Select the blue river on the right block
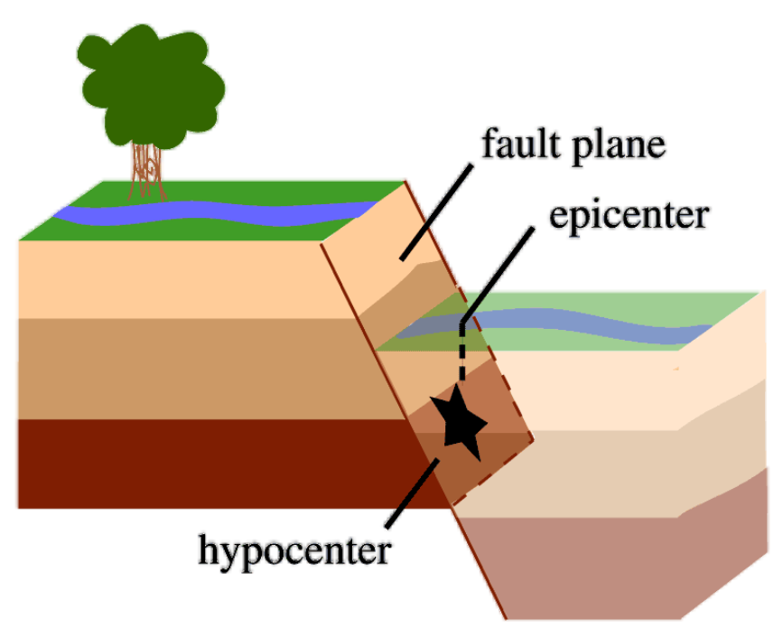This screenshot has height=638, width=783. [x=587, y=328]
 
